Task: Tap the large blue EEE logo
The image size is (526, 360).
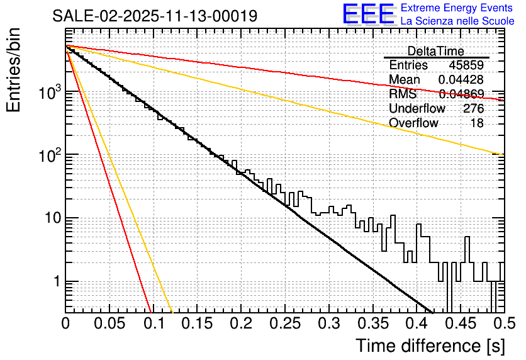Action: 368,14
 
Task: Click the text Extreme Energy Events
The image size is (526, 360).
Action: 457,8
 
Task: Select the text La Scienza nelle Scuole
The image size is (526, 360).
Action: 457,21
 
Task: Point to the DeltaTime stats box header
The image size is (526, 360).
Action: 436,51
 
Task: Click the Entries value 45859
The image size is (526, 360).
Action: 466,65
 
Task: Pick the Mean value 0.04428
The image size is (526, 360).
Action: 461,80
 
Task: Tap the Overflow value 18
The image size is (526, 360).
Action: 477,123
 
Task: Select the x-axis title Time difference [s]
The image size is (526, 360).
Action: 430,346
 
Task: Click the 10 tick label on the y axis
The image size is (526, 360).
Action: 51,219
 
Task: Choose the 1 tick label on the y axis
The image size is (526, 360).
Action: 55,282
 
